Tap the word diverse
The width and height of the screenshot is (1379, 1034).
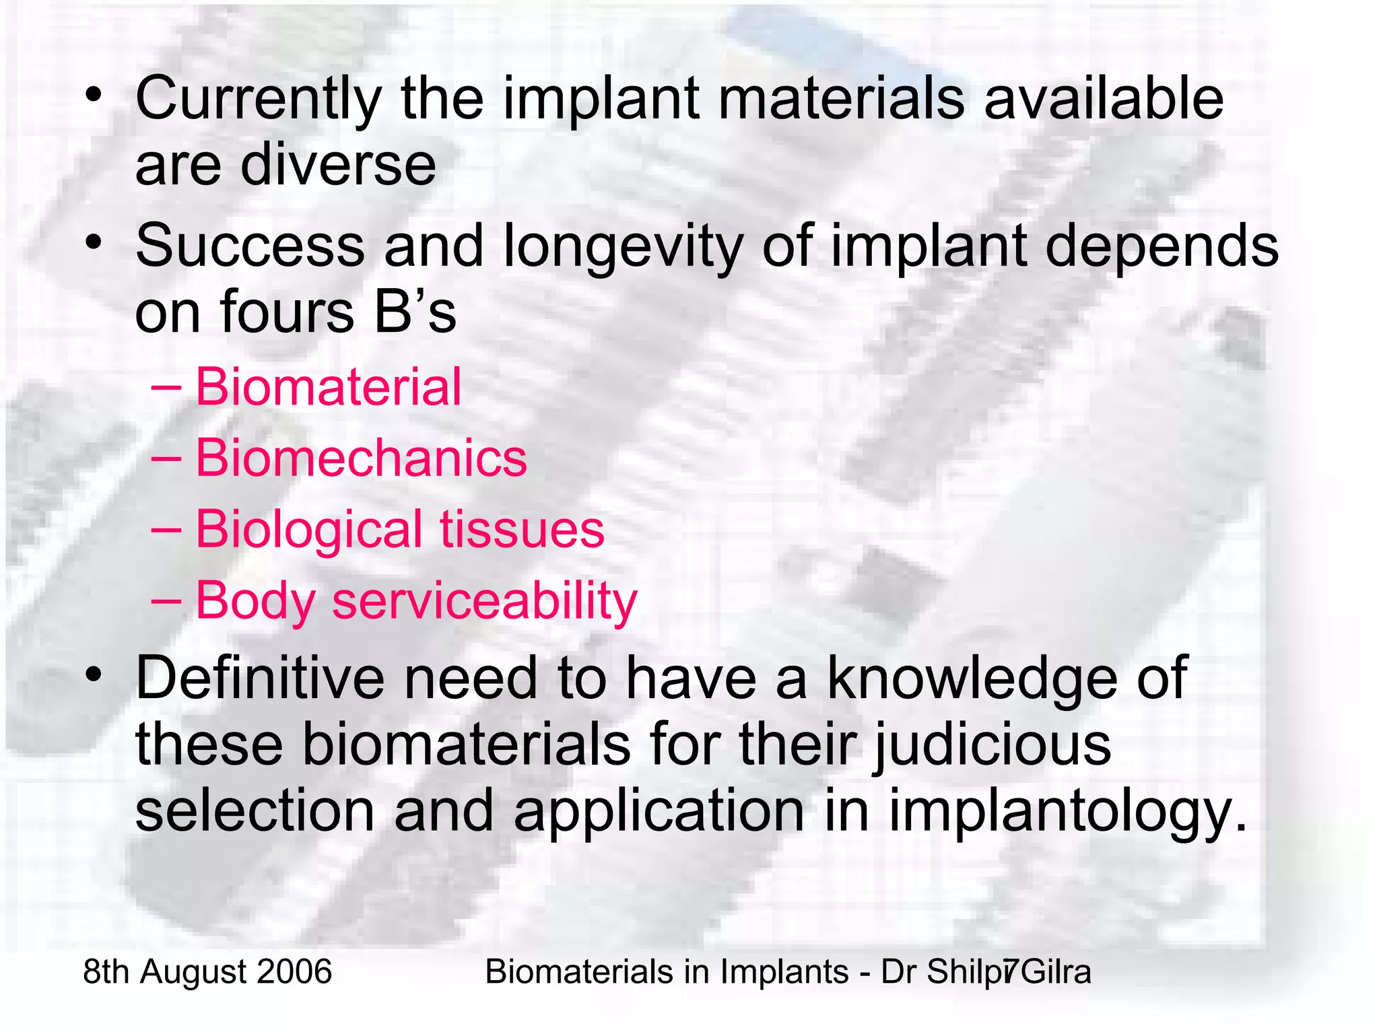339,166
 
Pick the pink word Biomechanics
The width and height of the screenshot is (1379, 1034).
361,458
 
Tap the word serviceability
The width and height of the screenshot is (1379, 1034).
484,600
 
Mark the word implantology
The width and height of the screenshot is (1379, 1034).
1068,813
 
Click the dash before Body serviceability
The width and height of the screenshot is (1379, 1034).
166,599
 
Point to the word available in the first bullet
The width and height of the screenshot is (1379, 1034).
1104,100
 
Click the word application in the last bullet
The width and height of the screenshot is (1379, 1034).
659,813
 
